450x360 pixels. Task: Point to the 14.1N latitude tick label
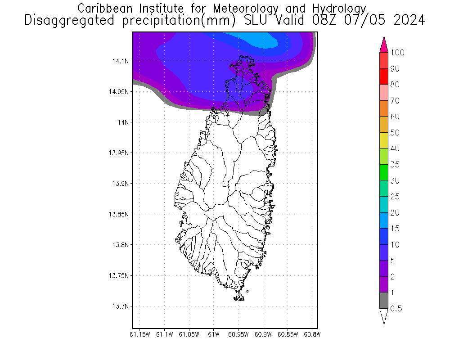[x=120, y=61]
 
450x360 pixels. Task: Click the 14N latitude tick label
[x=123, y=122]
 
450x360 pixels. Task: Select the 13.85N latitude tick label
[x=118, y=214]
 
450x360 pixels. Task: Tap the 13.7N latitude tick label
[x=120, y=306]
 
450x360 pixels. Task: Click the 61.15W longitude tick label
[x=139, y=334]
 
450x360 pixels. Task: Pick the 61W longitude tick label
[x=214, y=334]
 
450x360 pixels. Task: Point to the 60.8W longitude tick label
[x=312, y=334]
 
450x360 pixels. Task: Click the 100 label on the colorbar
[x=397, y=53]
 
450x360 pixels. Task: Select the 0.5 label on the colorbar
[x=396, y=309]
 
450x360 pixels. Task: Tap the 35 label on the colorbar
[x=395, y=165]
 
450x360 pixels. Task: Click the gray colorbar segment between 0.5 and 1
[x=383, y=301]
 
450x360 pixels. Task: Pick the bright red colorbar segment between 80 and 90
[x=383, y=76]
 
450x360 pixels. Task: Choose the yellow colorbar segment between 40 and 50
[x=383, y=140]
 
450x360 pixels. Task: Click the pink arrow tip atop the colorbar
[x=383, y=44]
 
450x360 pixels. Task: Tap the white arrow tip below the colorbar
[x=383, y=316]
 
